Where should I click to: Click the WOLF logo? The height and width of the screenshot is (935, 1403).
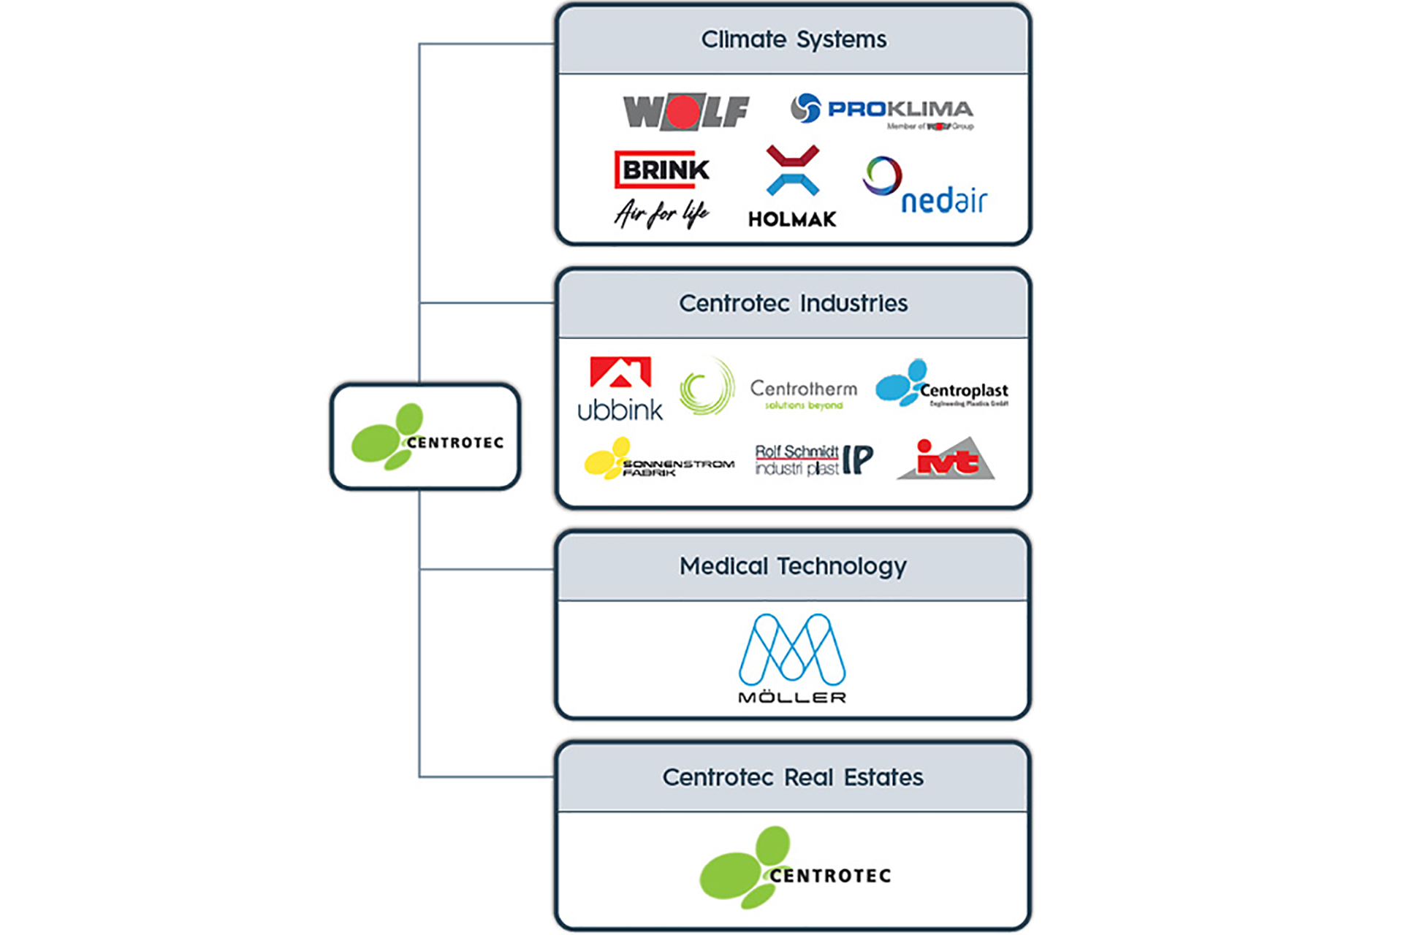pyautogui.click(x=685, y=112)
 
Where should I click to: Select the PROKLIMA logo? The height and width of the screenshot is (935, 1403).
pyautogui.click(x=882, y=110)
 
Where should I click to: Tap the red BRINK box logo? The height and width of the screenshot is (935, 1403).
pyautogui.click(x=663, y=169)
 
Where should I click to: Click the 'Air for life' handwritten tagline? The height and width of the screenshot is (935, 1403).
pyautogui.click(x=661, y=213)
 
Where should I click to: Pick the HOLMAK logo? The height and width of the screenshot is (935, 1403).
pyautogui.click(x=792, y=187)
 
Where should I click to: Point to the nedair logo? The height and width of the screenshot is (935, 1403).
pyautogui.click(x=925, y=186)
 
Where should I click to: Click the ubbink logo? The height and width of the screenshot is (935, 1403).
pyautogui.click(x=620, y=389)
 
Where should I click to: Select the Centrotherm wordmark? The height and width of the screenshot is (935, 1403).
pyautogui.click(x=803, y=394)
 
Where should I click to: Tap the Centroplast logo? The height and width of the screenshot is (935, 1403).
pyautogui.click(x=942, y=383)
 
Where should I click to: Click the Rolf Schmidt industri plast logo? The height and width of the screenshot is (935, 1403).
pyautogui.click(x=813, y=459)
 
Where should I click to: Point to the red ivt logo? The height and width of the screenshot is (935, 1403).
pyautogui.click(x=946, y=459)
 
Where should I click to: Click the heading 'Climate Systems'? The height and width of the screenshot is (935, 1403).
pyautogui.click(x=794, y=39)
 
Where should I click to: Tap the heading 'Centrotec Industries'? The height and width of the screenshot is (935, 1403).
pyautogui.click(x=793, y=303)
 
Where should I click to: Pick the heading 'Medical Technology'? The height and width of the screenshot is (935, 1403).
pyautogui.click(x=793, y=566)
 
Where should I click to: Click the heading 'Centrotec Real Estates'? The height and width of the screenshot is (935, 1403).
pyautogui.click(x=793, y=777)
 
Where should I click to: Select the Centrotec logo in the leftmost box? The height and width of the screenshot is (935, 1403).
pyautogui.click(x=426, y=437)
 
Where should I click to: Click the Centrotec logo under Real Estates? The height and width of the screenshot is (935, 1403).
pyautogui.click(x=795, y=868)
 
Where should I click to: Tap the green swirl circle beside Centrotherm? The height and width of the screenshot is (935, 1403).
pyautogui.click(x=706, y=386)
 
